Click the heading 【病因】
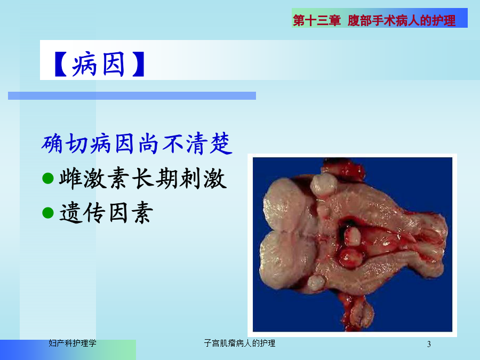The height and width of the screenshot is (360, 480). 99,64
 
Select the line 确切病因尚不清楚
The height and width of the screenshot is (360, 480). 137,143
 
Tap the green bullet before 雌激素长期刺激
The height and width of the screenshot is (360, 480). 48,179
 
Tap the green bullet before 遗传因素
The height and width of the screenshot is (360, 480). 48,213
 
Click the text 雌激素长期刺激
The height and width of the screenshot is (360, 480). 143,179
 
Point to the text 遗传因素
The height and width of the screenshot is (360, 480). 106,213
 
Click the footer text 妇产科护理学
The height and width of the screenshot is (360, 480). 73,343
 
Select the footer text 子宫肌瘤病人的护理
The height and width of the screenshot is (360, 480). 239,343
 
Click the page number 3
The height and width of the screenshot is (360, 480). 429,344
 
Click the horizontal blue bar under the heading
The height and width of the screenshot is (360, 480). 132,96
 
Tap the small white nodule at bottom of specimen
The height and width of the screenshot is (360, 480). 316,283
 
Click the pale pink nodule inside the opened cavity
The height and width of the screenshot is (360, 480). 353,236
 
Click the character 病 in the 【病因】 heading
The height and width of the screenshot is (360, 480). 84,64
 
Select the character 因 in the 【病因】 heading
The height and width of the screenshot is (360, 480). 113,64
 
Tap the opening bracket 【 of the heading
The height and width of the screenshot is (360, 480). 60,64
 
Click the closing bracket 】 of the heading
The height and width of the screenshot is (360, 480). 138,64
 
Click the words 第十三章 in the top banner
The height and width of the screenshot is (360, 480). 317,21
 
